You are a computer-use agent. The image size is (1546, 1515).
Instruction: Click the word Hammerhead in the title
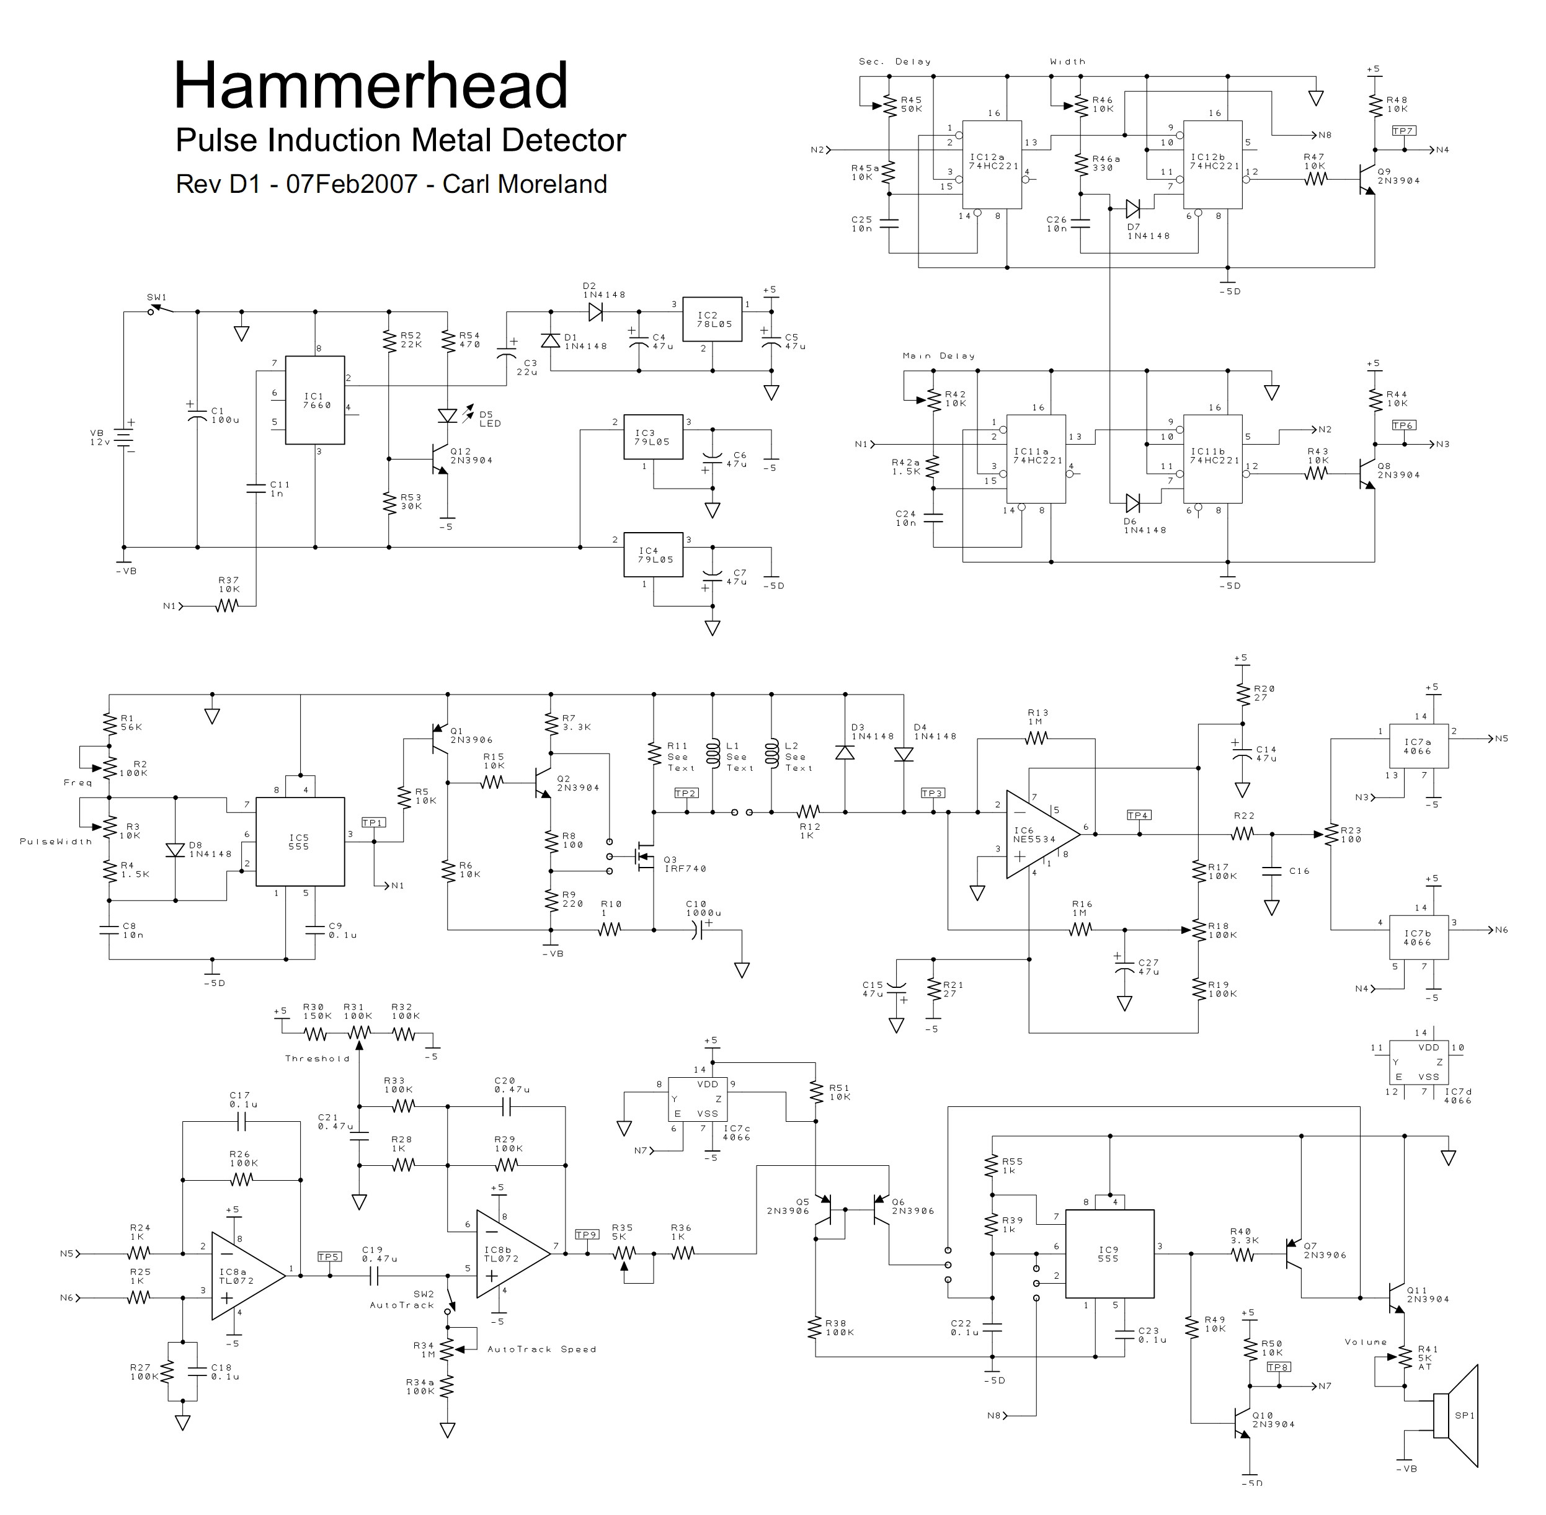pyautogui.click(x=371, y=84)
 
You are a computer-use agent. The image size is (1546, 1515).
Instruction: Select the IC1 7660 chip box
pyautogui.click(x=315, y=399)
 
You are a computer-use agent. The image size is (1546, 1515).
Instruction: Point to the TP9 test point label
pyautogui.click(x=587, y=1235)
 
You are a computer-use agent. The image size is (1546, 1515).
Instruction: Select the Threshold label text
pyautogui.click(x=318, y=1059)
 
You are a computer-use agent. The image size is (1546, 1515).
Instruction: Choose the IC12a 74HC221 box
pyautogui.click(x=992, y=165)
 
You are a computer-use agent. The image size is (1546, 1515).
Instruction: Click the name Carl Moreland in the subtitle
pyautogui.click(x=525, y=184)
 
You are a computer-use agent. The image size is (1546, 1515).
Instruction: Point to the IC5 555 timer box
pyautogui.click(x=300, y=842)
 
